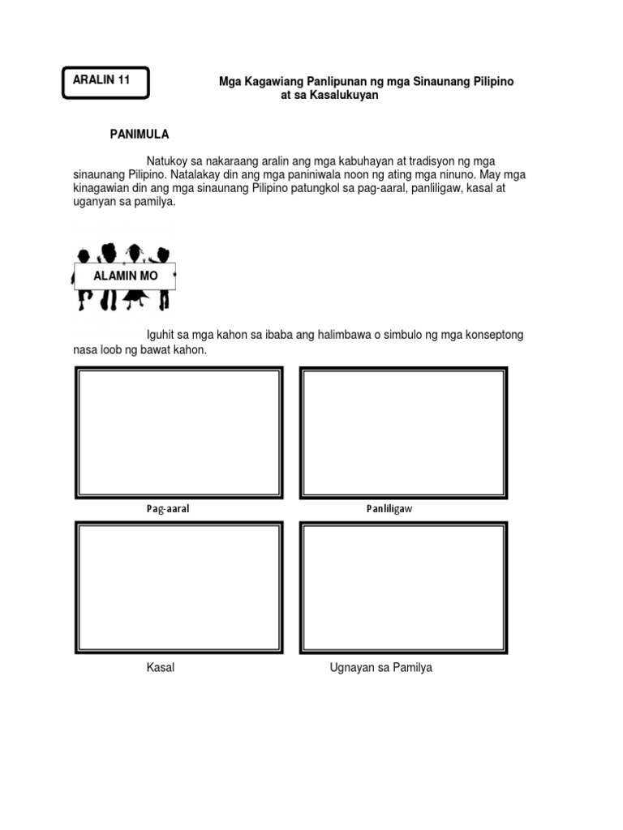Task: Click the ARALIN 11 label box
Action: pyautogui.click(x=105, y=82)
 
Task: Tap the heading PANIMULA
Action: pyautogui.click(x=139, y=134)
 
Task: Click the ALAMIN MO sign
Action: pyautogui.click(x=125, y=276)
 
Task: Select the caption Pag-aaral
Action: pyautogui.click(x=168, y=510)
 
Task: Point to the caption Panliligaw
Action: pyautogui.click(x=389, y=510)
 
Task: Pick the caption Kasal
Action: pyautogui.click(x=161, y=668)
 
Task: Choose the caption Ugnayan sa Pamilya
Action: pyautogui.click(x=380, y=668)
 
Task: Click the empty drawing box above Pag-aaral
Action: pyautogui.click(x=178, y=433)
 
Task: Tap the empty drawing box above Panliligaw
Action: pyautogui.click(x=403, y=433)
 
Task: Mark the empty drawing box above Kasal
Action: pyautogui.click(x=178, y=588)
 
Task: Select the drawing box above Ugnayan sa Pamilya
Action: pyautogui.click(x=403, y=588)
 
